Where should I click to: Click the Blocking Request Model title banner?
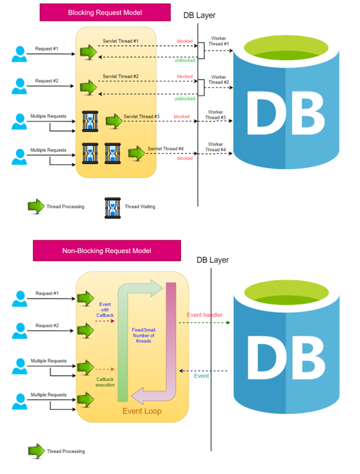[105, 12]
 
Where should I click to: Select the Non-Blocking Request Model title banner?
[106, 250]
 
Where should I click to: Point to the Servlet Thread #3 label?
[142, 116]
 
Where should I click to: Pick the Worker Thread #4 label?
[216, 147]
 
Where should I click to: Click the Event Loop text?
[142, 411]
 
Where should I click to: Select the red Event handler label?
[204, 315]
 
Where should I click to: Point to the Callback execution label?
[105, 382]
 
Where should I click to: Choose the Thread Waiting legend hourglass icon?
[112, 207]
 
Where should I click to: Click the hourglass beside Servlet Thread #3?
[91, 120]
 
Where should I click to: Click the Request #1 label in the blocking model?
[47, 48]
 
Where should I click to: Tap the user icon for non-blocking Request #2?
[19, 331]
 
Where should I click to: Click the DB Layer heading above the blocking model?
[199, 15]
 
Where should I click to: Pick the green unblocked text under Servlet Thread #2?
[185, 98]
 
